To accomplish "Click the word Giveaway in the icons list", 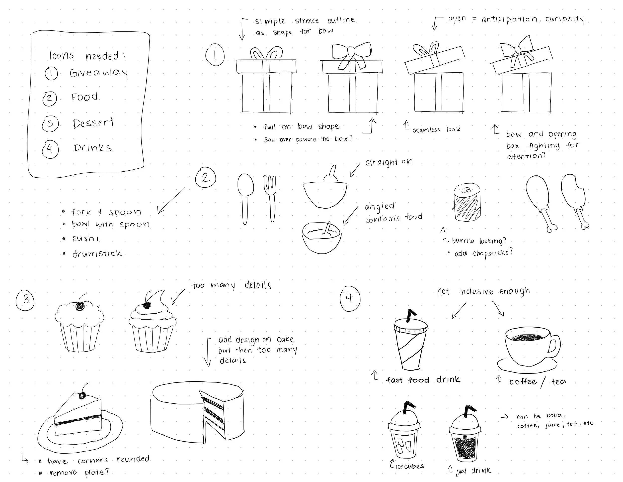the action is tap(99, 73).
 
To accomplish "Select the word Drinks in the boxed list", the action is tap(93, 148).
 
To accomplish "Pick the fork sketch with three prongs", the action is tap(270, 198).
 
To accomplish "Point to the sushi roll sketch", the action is tap(467, 202).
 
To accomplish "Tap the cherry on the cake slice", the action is tap(82, 395).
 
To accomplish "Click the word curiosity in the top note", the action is tap(565, 19).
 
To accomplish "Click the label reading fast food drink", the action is tap(423, 380).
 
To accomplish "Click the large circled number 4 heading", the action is tap(350, 299).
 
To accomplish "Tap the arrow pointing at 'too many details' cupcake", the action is tap(178, 297).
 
